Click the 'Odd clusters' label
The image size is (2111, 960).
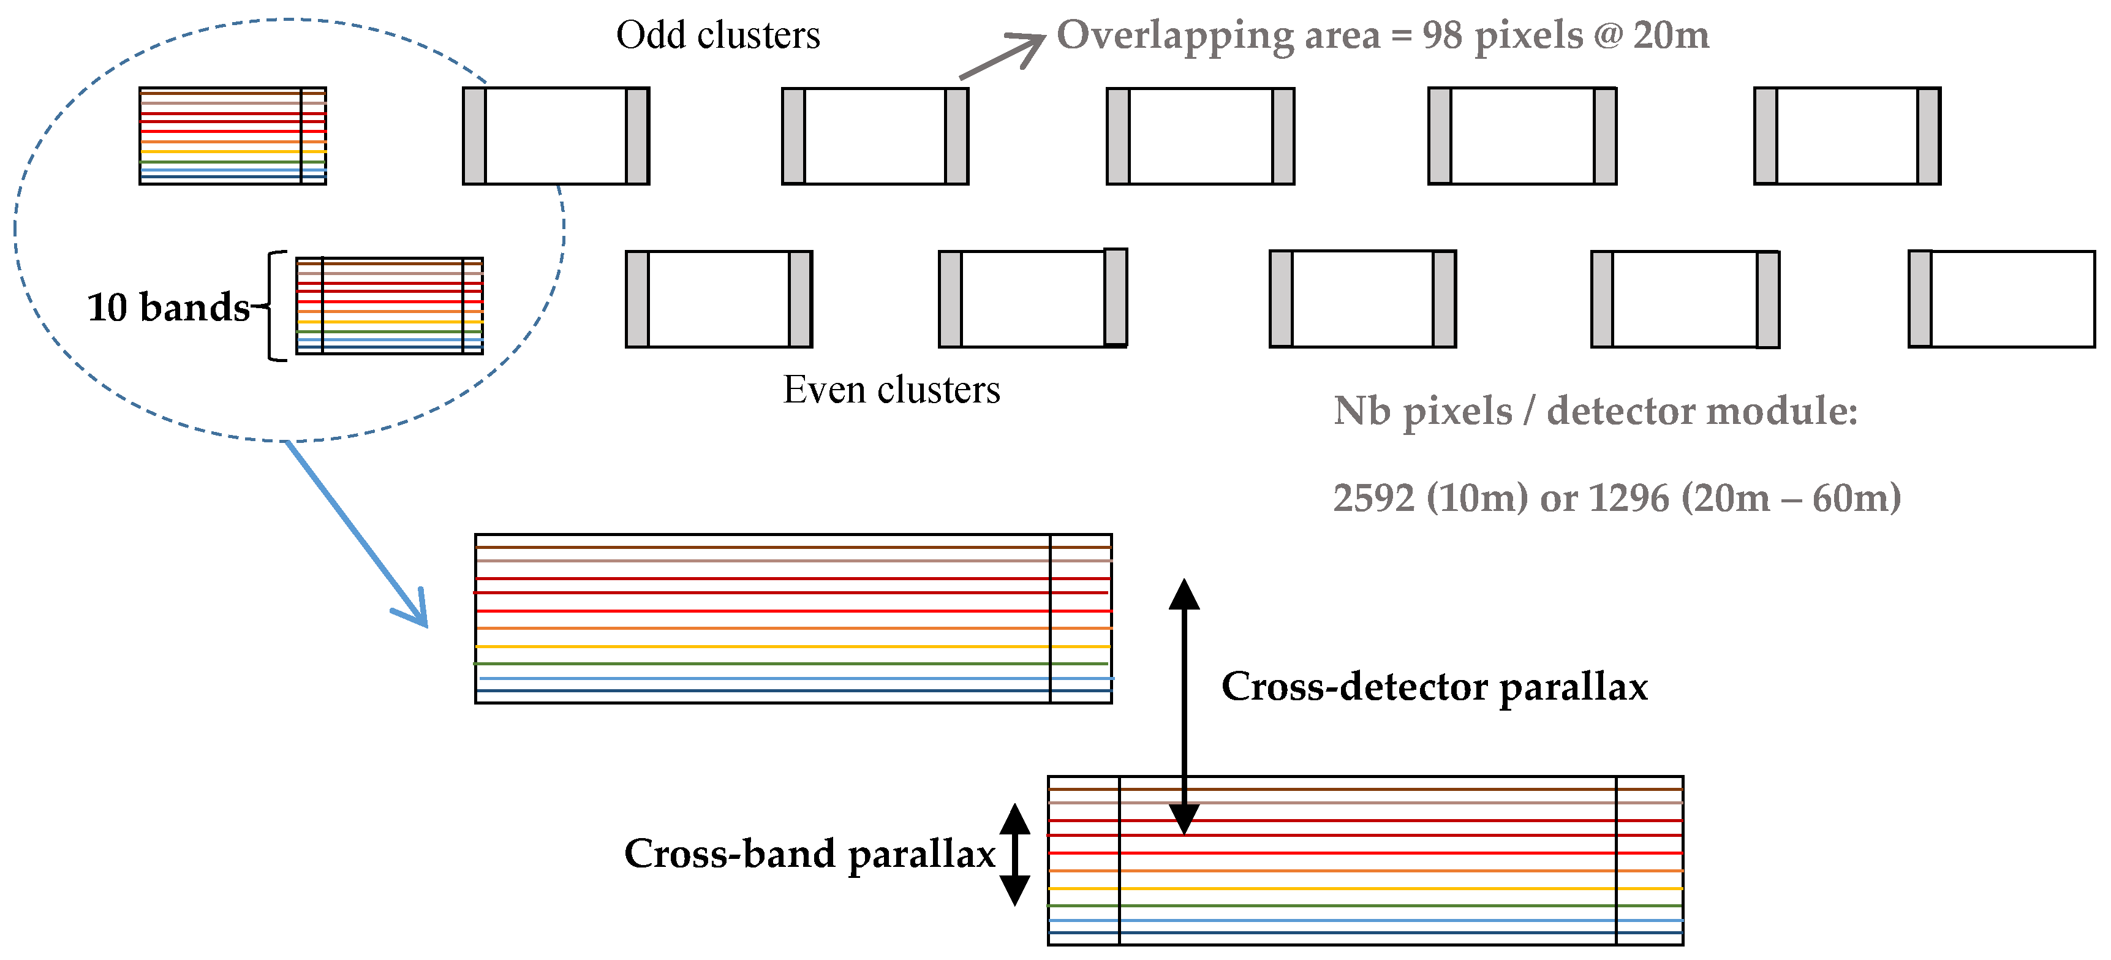[x=718, y=36]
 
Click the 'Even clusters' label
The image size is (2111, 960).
[x=891, y=390]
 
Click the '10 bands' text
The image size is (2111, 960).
[x=168, y=308]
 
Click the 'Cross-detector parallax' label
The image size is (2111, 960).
[x=1434, y=686]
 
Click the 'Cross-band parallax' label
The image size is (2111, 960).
[x=810, y=853]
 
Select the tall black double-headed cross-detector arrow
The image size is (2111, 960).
[x=1184, y=705]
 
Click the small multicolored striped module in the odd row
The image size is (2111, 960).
[x=232, y=136]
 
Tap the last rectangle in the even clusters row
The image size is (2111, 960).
[x=2001, y=299]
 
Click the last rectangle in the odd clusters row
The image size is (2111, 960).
[x=1846, y=136]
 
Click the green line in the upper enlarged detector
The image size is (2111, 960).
[x=762, y=663]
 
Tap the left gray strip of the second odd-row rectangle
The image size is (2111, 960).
[x=475, y=136]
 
